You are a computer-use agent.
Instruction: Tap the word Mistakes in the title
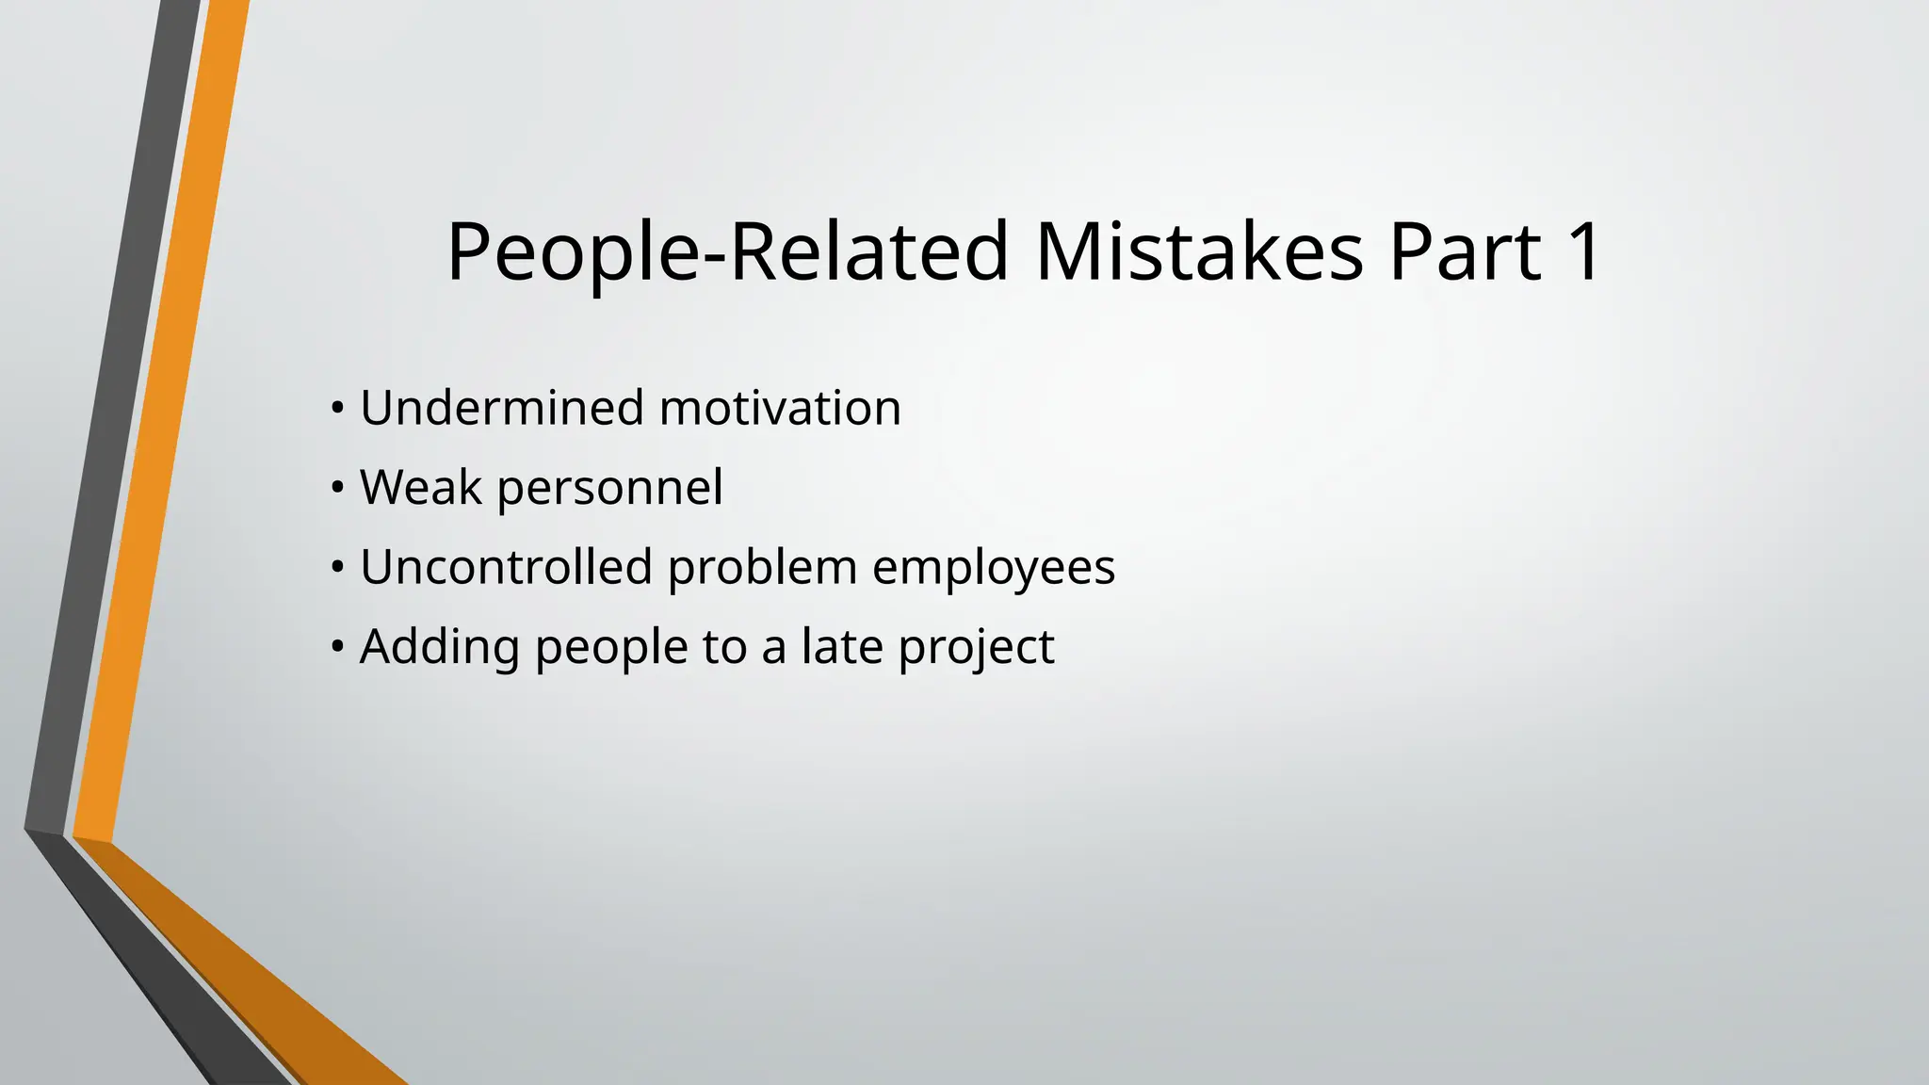[x=1199, y=251]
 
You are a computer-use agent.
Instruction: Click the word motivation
[x=780, y=408]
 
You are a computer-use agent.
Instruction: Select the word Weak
[x=420, y=488]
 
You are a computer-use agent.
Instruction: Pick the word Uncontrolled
[x=506, y=567]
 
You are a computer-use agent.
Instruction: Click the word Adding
[x=439, y=648]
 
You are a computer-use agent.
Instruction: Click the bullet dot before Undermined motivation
[x=336, y=410]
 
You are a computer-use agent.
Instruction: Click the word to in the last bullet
[x=724, y=648]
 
